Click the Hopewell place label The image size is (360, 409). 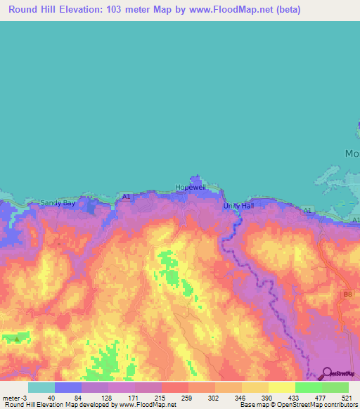coord(189,188)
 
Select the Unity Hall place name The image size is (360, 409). coord(236,205)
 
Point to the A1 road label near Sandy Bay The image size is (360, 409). coord(127,197)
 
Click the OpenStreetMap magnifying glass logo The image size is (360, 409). coord(328,373)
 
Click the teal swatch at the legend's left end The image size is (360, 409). coord(41,387)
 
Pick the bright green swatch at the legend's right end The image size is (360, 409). coord(335,387)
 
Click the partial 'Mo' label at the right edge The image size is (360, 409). coord(352,153)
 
